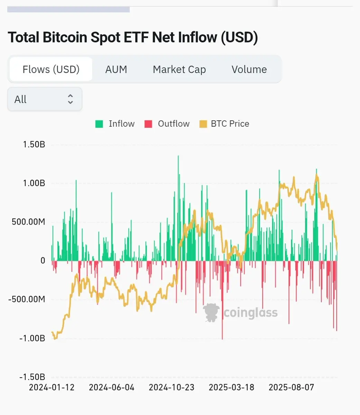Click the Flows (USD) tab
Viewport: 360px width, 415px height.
coord(51,70)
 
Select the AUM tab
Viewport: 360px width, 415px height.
coord(116,70)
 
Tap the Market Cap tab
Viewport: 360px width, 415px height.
coord(179,70)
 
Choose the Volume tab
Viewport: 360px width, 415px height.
coord(249,70)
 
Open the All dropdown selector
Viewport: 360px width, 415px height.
coord(45,99)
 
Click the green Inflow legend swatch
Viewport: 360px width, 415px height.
coord(99,124)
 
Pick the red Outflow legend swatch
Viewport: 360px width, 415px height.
coord(148,124)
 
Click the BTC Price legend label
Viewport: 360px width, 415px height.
coord(230,124)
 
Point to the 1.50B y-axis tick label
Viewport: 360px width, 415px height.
coord(34,144)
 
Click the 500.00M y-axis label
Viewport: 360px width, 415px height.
coord(28,222)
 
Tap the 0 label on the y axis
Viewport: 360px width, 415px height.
coord(43,260)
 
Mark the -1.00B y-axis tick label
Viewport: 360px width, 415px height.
coord(32,338)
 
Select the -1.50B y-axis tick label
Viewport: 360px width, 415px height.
coord(32,377)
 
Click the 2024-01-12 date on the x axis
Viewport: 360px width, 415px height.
coord(52,387)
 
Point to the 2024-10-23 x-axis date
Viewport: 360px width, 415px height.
coord(172,387)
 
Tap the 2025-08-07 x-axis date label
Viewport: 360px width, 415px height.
coord(291,387)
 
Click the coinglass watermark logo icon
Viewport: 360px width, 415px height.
coord(211,312)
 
